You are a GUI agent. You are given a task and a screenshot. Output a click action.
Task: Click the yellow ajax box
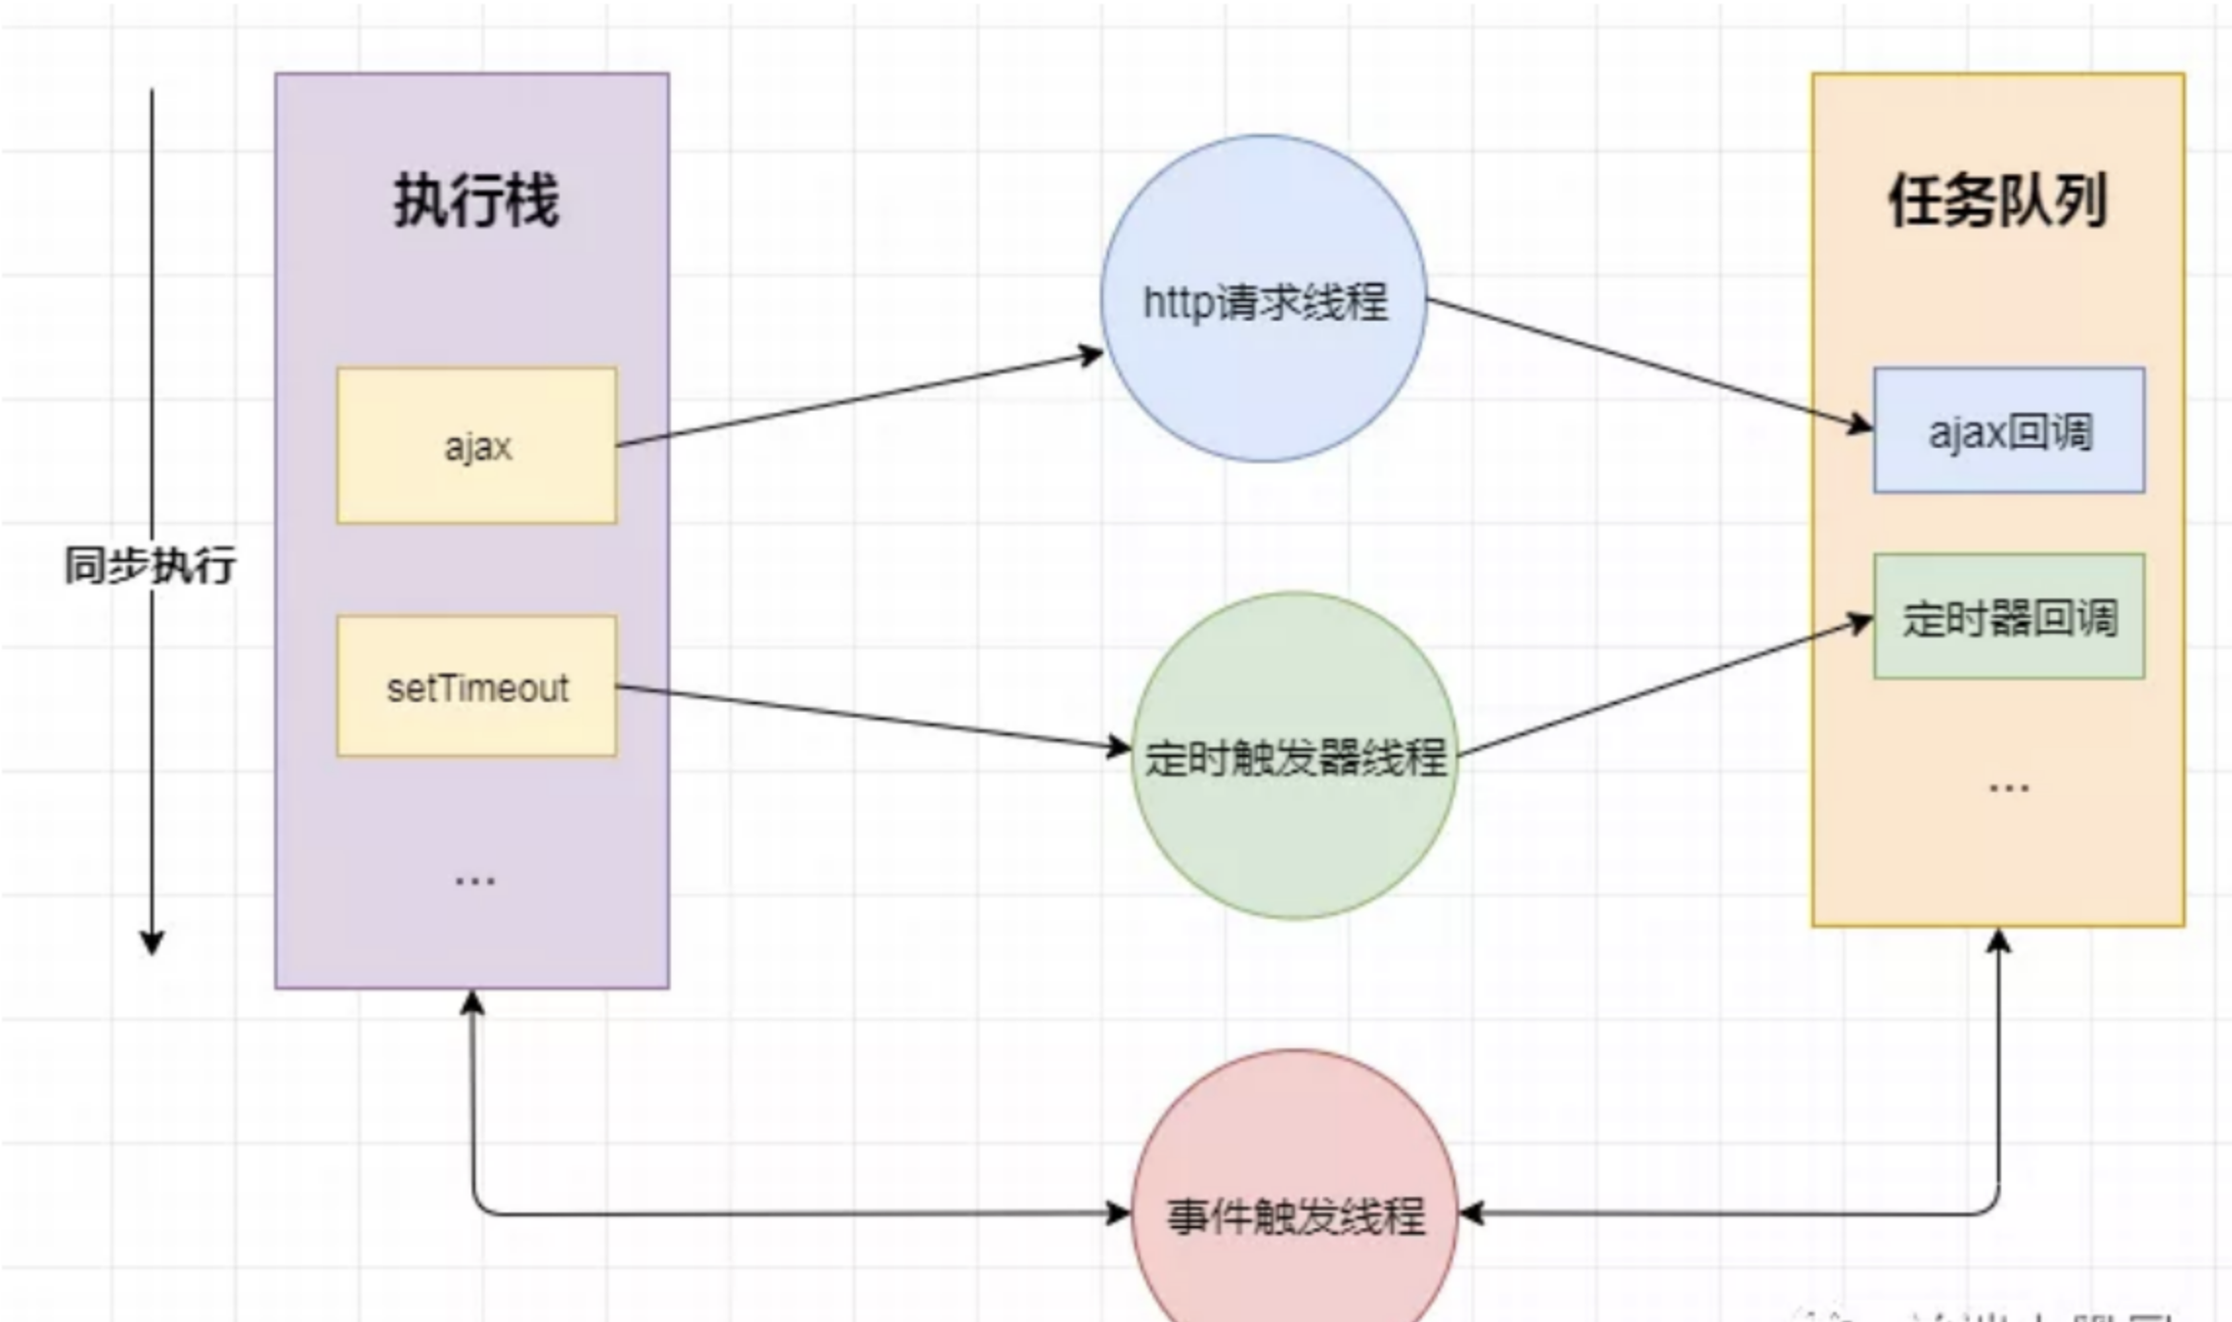pos(476,446)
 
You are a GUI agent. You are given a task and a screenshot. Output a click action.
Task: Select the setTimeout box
pos(476,686)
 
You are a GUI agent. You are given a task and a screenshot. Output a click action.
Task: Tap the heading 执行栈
pos(476,200)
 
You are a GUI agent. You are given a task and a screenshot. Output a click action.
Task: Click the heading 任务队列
pos(1997,200)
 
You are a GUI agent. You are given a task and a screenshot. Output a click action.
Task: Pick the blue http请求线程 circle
pos(1264,298)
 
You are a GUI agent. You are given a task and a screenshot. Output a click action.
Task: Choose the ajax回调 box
pos(2009,431)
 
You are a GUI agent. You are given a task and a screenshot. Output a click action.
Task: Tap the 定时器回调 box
pos(2009,617)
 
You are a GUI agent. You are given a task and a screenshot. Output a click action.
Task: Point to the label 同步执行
pos(150,565)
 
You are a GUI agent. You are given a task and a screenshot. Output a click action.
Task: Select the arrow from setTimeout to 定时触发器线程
pos(870,718)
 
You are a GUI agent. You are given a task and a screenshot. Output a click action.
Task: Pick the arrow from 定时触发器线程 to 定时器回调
pos(1663,687)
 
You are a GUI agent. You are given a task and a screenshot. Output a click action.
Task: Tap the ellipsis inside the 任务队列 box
pos(2009,787)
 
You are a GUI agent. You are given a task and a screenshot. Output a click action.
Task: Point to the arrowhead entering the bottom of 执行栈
pos(472,1001)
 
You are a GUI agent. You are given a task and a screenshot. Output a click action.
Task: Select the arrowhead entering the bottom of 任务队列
pos(1998,941)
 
